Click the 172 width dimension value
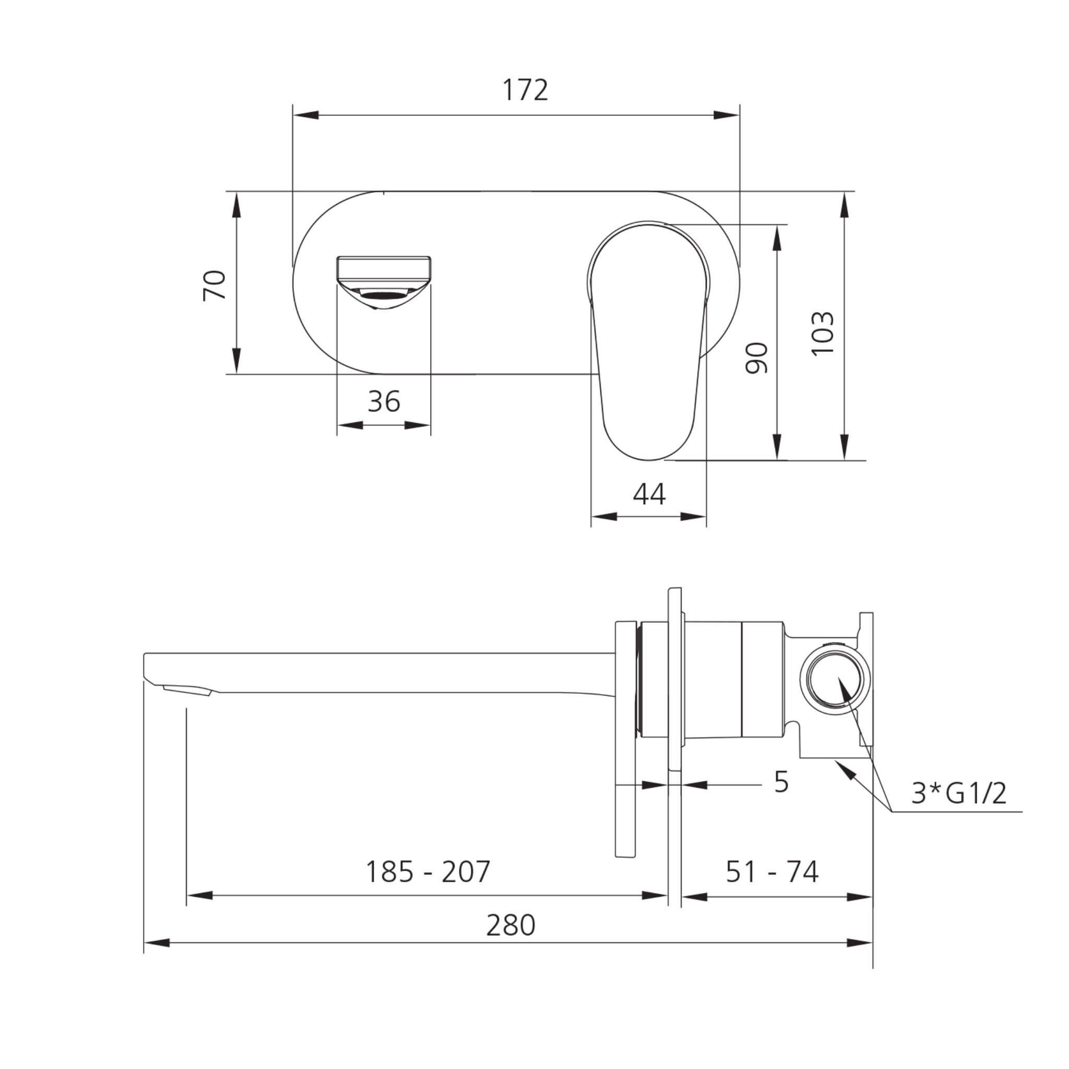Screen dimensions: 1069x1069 pyautogui.click(x=525, y=90)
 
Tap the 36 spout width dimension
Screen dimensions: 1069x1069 pyautogui.click(x=384, y=402)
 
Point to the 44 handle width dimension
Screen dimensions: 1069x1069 pyautogui.click(x=649, y=494)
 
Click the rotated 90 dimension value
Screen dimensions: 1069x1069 pyautogui.click(x=757, y=358)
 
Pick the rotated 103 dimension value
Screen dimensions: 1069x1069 pyautogui.click(x=822, y=333)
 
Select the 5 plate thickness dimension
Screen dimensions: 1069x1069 pyautogui.click(x=781, y=782)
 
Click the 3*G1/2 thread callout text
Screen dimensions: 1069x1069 pyautogui.click(x=959, y=794)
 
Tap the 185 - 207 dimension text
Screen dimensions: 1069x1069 pyautogui.click(x=427, y=872)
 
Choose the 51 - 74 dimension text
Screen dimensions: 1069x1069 pyautogui.click(x=772, y=872)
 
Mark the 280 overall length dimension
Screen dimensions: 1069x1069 pyautogui.click(x=510, y=925)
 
